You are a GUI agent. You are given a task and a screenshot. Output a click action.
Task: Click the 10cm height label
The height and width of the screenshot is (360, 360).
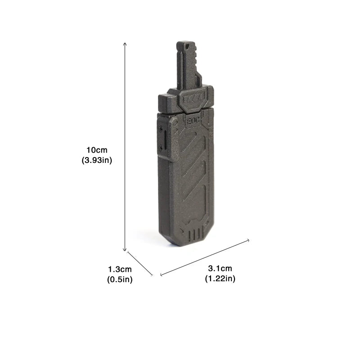point(97,150)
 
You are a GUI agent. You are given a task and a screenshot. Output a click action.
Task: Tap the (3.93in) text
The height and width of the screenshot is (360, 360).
point(97,160)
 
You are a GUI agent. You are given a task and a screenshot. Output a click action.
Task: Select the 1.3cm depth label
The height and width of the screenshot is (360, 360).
point(120,269)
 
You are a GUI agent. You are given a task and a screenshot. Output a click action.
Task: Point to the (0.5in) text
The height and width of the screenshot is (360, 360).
point(120,279)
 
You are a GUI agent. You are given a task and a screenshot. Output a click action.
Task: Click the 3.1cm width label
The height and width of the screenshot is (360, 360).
point(220,268)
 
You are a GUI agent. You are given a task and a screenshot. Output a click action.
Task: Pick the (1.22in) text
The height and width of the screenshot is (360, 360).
point(220,279)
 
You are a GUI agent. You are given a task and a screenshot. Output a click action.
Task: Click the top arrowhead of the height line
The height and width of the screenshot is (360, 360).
point(125,44)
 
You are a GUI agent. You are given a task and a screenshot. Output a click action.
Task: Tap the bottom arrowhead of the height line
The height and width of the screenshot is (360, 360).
point(125,250)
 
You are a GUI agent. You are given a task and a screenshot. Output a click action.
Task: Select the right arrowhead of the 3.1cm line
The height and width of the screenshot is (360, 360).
point(248,240)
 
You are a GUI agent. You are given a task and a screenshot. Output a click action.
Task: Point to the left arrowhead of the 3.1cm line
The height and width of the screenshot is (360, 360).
point(162,274)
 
